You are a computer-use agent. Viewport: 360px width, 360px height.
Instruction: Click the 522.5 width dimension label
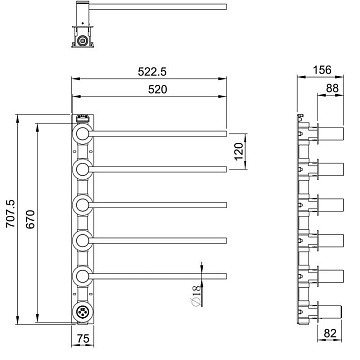(152, 71)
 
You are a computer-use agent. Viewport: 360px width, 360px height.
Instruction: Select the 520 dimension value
(157, 89)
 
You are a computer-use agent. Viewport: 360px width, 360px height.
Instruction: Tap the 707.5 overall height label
(11, 214)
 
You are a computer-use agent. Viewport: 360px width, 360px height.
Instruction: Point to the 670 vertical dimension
(30, 219)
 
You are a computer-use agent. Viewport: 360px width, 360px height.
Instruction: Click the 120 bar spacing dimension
(239, 151)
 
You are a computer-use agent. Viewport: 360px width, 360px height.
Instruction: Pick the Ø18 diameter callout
(197, 295)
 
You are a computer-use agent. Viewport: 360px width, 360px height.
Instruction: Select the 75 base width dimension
(83, 339)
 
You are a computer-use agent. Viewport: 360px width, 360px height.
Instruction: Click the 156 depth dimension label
(322, 70)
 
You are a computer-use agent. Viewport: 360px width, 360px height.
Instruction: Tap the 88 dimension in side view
(332, 88)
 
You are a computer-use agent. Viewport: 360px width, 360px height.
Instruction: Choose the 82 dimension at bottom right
(330, 333)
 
